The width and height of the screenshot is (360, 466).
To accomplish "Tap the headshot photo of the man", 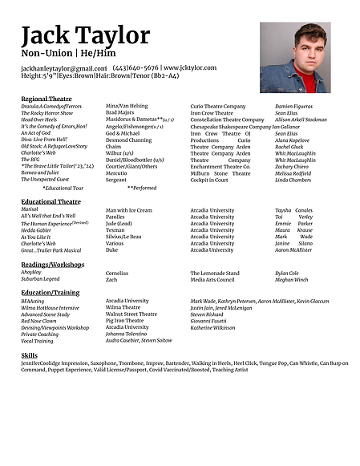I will [x=294, y=57].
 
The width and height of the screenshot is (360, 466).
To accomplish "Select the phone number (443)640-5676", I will [x=136, y=68].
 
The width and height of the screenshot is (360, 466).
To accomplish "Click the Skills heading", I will [x=30, y=355].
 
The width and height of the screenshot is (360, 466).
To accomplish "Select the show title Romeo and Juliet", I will [x=40, y=172].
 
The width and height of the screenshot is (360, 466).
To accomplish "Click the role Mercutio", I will [x=117, y=172].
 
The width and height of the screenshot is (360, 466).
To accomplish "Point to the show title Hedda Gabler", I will [x=37, y=229].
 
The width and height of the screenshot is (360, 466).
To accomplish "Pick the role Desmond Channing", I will [x=128, y=140].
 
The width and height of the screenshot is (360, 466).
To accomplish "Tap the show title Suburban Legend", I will [x=41, y=279].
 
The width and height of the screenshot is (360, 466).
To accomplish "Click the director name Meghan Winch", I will [x=291, y=279].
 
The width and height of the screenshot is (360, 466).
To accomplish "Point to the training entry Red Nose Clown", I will [x=43, y=321].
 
